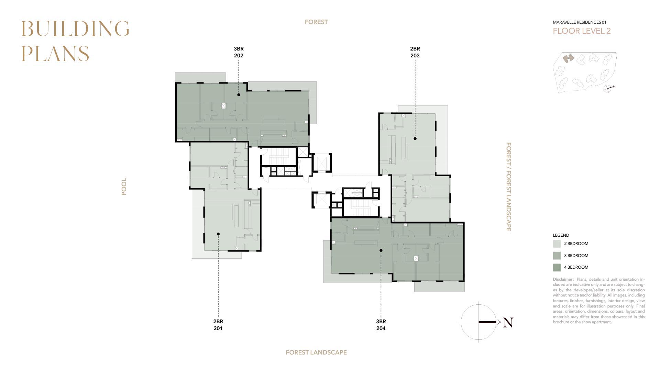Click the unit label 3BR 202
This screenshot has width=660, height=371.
pos(239,52)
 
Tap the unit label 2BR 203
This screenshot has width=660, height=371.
pos(415,52)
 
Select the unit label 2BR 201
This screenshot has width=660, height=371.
pos(218,325)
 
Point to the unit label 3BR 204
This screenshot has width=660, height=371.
pos(381,325)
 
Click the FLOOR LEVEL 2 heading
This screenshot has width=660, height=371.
pos(582,31)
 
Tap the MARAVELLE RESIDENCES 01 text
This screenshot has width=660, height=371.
pos(580,22)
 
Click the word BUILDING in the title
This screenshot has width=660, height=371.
pos(75,29)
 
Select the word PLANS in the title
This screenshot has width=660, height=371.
pos(55,54)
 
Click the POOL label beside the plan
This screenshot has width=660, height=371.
pos(124,187)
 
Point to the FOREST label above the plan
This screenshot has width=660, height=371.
pos(316,22)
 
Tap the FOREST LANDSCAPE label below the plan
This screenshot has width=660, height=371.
pos(316,352)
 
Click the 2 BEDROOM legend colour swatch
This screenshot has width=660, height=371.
pos(557,244)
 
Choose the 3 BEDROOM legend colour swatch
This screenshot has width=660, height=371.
pos(557,256)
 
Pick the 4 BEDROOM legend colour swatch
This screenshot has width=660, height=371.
pos(557,267)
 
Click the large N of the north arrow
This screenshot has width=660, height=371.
pos(508,323)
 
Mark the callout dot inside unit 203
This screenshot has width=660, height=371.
pos(415,139)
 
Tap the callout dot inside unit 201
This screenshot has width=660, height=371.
pos(218,234)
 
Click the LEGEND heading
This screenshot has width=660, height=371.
pos(561,235)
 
